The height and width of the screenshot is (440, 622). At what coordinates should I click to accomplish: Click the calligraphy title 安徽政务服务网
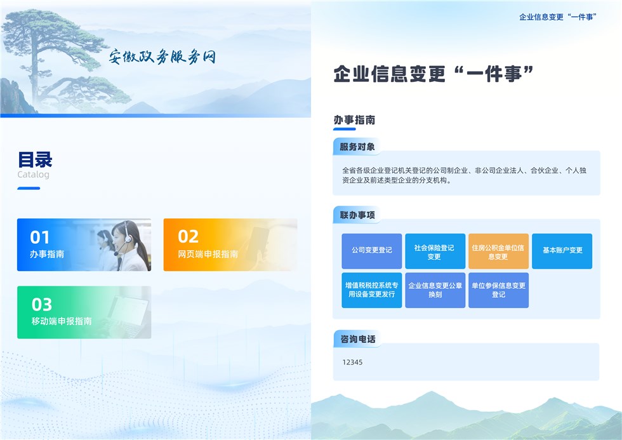(x=162, y=57)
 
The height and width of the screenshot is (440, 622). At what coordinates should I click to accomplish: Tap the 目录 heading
(x=35, y=160)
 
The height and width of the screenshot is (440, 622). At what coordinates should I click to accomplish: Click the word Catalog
(x=33, y=175)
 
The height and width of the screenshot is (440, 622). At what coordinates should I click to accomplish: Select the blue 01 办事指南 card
(x=84, y=245)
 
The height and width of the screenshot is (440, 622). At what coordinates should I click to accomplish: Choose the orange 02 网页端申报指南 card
(x=230, y=245)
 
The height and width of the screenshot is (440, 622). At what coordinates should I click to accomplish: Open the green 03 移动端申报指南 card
(x=84, y=312)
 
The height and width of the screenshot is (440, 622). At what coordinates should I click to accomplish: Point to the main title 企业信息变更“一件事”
(x=433, y=74)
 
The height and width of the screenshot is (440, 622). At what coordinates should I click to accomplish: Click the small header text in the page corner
(x=558, y=17)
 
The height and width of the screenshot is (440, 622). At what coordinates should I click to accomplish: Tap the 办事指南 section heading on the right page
(x=354, y=120)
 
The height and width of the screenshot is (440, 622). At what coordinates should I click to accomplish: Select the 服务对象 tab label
(x=357, y=147)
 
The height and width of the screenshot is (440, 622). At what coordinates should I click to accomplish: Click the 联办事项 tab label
(x=357, y=215)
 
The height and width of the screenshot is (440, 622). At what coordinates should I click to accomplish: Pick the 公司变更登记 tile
(x=372, y=251)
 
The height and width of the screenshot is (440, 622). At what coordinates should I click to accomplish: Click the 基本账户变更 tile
(x=562, y=251)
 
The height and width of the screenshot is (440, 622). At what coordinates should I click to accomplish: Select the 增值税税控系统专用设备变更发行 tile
(x=372, y=290)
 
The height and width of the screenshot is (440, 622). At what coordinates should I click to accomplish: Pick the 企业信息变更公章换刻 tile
(x=435, y=290)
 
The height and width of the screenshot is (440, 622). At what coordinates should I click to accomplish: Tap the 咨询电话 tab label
(x=357, y=339)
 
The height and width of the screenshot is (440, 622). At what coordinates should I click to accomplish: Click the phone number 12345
(x=352, y=363)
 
